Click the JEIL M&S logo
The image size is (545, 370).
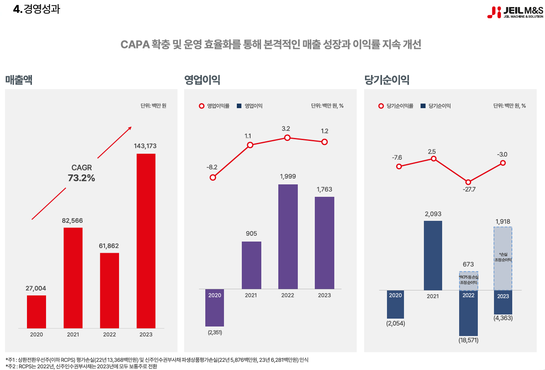[515, 12]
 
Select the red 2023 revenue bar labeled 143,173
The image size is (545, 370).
[146, 240]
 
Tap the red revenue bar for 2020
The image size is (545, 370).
[36, 312]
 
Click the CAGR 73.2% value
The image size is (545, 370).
[81, 178]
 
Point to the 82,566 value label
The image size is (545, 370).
[72, 220]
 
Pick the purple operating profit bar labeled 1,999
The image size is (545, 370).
[288, 236]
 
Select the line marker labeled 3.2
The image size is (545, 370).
[287, 138]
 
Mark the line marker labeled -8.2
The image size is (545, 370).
[213, 177]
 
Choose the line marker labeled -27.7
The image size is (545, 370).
[468, 182]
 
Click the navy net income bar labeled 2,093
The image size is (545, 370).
[433, 255]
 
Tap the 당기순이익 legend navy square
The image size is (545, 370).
[423, 106]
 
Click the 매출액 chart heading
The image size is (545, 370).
[19, 80]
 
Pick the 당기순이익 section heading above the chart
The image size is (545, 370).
[387, 80]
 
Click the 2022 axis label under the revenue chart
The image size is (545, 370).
[109, 334]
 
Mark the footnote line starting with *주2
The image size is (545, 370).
[81, 366]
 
